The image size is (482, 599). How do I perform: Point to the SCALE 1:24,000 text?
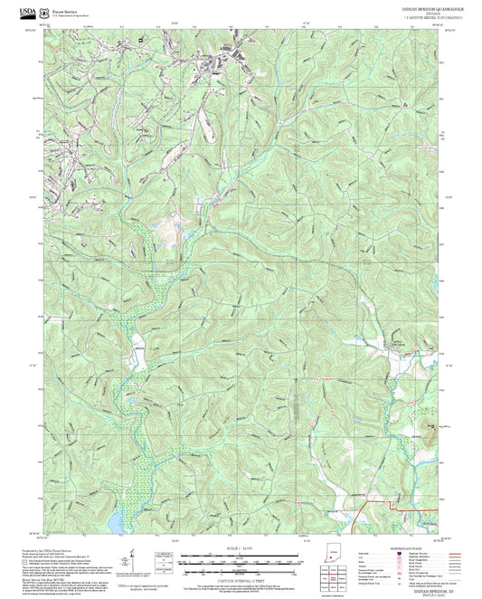click(x=241, y=548)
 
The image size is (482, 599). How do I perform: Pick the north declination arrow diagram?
click(x=133, y=558)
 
